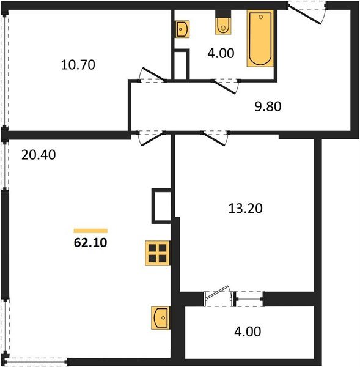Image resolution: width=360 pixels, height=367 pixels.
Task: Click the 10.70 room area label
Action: click(79, 64)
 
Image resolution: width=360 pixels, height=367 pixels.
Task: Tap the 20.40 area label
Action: click(38, 155)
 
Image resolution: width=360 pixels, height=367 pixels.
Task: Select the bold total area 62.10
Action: click(90, 242)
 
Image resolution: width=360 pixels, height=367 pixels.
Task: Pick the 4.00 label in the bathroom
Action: click(221, 53)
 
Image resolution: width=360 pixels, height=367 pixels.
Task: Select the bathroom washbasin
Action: click(182, 28)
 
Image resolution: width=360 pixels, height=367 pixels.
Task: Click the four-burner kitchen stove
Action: click(157, 253)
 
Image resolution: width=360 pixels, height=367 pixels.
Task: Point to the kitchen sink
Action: click(160, 318)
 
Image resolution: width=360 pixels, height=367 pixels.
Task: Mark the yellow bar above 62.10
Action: click(90, 231)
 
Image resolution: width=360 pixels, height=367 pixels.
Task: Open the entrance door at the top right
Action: click(307, 13)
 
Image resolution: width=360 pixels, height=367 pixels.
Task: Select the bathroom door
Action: click(227, 85)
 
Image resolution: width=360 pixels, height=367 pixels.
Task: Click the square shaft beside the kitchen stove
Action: click(162, 206)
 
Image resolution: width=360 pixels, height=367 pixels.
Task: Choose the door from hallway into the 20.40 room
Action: click(149, 138)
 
